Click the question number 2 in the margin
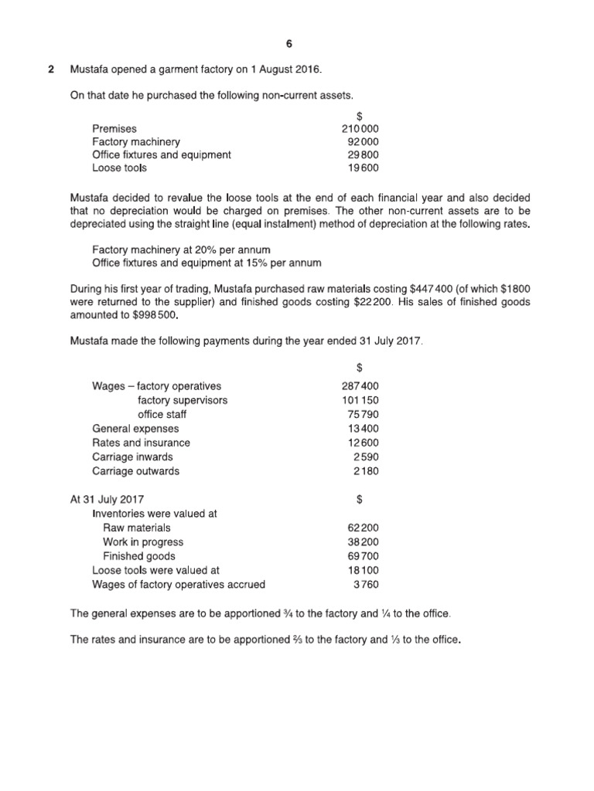(51, 70)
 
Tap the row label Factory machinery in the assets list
(136, 142)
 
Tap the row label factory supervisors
(183, 400)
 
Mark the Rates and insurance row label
(141, 443)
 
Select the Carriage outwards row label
(135, 470)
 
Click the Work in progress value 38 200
(362, 542)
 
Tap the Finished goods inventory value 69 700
(362, 556)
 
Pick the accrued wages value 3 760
(365, 585)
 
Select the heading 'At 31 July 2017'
(107, 500)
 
